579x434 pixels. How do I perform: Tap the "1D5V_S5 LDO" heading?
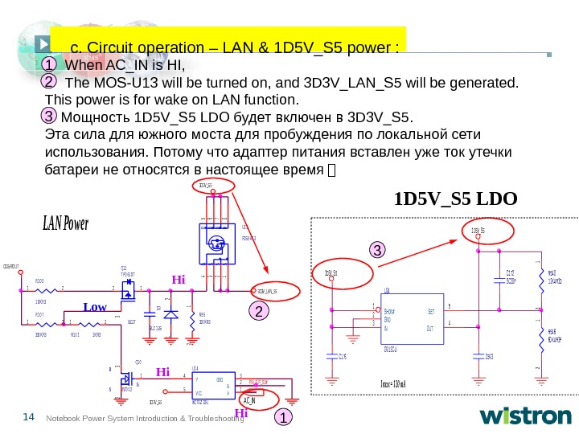(455, 198)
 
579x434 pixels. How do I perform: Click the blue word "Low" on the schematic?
(95, 307)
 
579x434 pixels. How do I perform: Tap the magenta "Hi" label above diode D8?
(178, 280)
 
